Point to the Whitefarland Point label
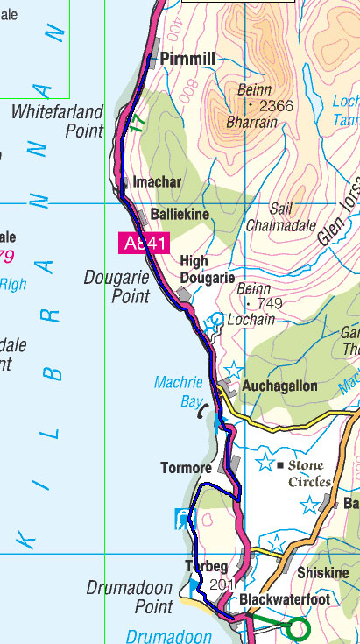(x=57, y=121)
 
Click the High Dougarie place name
(x=207, y=269)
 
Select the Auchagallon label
(x=279, y=386)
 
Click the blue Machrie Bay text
(x=179, y=391)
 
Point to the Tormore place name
(x=187, y=468)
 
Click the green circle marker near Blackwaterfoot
(x=298, y=628)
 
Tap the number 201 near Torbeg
(x=222, y=584)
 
